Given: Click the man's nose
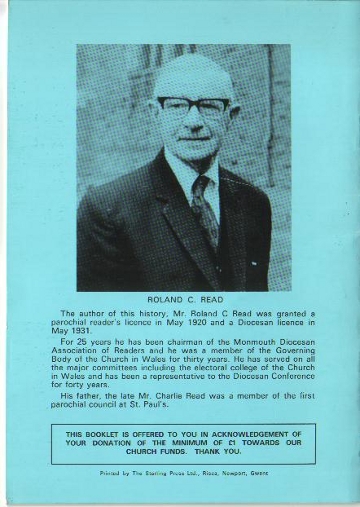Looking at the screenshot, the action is coord(192,117).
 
